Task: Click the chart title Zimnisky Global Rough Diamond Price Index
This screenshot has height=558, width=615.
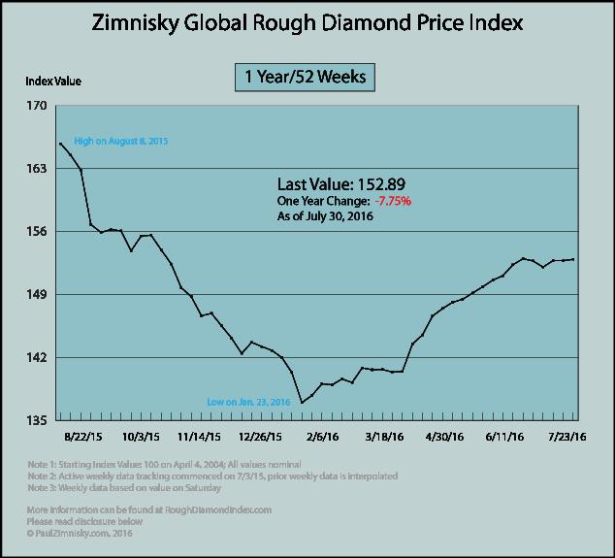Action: point(307,21)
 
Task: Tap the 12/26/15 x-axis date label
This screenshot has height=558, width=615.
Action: point(262,437)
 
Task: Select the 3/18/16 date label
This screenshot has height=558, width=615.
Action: point(385,437)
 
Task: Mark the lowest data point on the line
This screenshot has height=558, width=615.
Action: point(302,402)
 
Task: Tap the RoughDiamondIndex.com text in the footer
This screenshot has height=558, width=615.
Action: point(224,509)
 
